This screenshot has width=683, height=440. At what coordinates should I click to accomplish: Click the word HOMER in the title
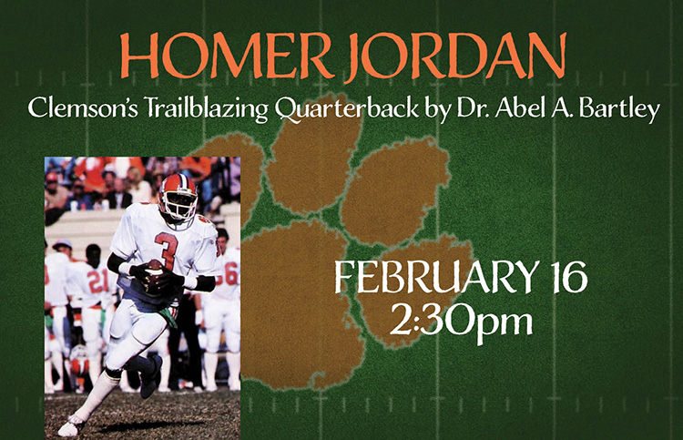pyautogui.click(x=225, y=56)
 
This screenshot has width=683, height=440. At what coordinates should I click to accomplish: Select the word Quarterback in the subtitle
pyautogui.click(x=347, y=108)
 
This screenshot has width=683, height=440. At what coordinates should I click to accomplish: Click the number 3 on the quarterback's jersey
pyautogui.click(x=167, y=250)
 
